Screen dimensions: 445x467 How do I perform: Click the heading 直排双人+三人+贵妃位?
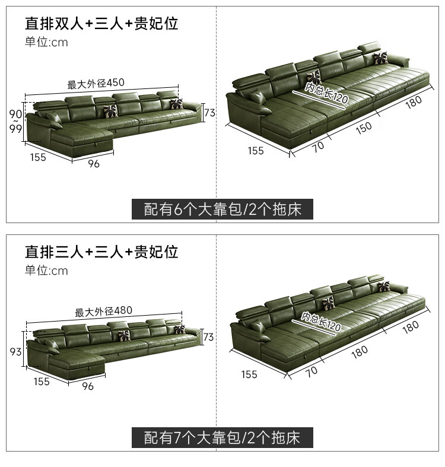[x=101, y=24]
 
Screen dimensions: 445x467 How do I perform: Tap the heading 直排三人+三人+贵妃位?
[x=101, y=252]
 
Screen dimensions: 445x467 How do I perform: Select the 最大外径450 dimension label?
[x=96, y=84]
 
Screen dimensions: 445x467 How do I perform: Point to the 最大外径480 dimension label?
[x=103, y=312]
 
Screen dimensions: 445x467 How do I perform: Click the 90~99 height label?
[x=15, y=122]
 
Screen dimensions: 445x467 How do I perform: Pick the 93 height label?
[x=16, y=352]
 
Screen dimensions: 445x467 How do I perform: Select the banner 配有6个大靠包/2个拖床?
[x=222, y=209]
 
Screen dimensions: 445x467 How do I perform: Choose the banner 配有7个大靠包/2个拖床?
[x=222, y=438]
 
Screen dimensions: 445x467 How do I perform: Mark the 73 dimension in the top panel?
[x=209, y=113]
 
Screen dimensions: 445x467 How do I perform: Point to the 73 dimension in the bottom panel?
[x=209, y=337]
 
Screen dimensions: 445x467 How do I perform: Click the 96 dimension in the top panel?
[x=94, y=164]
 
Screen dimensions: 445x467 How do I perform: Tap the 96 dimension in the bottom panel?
[x=87, y=386]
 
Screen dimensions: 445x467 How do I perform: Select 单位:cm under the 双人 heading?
[x=46, y=42]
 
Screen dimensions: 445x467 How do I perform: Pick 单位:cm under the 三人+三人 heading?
[x=46, y=271]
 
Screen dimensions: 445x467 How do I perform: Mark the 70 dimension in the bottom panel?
[x=312, y=371]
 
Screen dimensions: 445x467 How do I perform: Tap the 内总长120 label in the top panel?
[x=326, y=93]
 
